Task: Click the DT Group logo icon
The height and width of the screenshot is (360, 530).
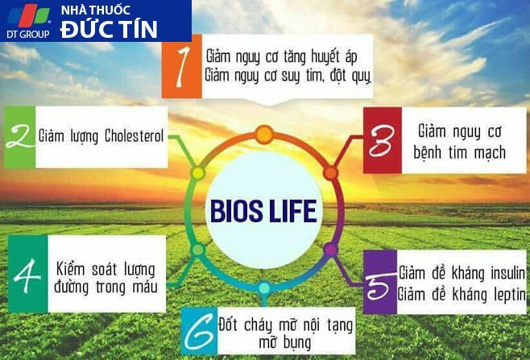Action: click(x=29, y=15)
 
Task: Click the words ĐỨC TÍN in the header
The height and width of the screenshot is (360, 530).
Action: click(x=109, y=30)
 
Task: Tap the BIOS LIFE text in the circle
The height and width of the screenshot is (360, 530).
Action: click(x=263, y=211)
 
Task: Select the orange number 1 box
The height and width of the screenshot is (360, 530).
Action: click(x=182, y=66)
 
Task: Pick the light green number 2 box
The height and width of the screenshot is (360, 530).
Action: click(x=19, y=137)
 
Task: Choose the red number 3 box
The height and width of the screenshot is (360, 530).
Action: click(x=383, y=140)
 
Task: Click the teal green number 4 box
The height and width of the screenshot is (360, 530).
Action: click(x=28, y=274)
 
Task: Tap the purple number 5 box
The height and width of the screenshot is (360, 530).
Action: click(x=380, y=283)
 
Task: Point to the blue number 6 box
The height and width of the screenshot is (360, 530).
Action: click(x=200, y=331)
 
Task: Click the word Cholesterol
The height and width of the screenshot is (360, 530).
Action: click(x=134, y=136)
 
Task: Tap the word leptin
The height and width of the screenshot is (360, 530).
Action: click(x=510, y=295)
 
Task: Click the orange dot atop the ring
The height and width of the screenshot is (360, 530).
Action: click(x=264, y=134)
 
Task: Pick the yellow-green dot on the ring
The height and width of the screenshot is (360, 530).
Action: click(x=197, y=173)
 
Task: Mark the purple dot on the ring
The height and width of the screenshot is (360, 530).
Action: click(x=330, y=250)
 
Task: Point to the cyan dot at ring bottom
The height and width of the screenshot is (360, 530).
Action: click(x=264, y=288)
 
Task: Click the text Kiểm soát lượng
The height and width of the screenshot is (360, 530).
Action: click(x=106, y=270)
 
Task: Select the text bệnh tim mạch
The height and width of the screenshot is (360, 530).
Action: click(x=459, y=153)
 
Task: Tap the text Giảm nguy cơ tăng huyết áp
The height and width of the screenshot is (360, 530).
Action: click(x=282, y=56)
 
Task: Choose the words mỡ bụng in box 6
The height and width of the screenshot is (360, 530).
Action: click(x=285, y=343)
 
